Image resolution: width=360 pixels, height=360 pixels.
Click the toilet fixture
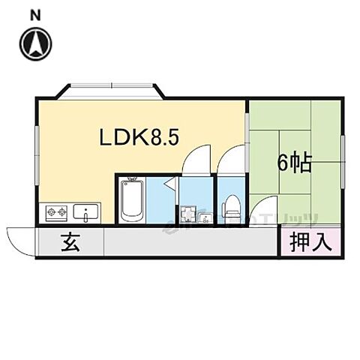[x=232, y=206]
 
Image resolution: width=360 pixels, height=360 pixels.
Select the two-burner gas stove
[x=57, y=213]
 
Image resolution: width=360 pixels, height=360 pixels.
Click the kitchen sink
[x=88, y=213]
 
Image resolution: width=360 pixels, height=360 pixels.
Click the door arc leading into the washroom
[x=196, y=157]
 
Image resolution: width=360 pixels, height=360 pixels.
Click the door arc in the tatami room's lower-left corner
[x=262, y=211]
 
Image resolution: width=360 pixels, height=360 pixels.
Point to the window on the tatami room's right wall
[x=343, y=154]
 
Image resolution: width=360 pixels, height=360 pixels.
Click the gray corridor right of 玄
[x=187, y=242]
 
